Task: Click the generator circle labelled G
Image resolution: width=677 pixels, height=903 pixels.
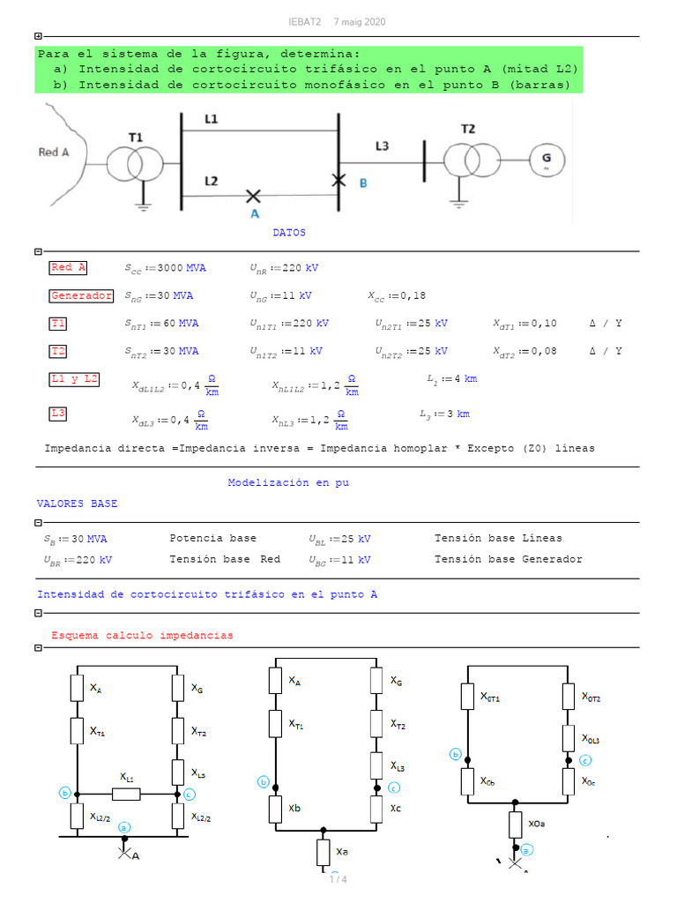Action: click(546, 161)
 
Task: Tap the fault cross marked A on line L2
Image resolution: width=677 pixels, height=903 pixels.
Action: click(253, 195)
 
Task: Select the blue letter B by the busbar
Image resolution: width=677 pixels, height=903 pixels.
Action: click(363, 183)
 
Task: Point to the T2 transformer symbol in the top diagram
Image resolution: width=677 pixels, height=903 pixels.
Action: click(468, 161)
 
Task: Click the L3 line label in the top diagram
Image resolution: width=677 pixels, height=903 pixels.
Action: click(381, 146)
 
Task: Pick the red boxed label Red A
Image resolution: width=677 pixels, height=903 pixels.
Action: click(69, 268)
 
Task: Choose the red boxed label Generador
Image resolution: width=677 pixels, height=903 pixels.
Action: click(81, 296)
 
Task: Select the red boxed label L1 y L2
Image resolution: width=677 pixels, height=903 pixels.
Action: click(74, 380)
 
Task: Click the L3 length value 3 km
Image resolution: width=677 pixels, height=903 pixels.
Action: click(458, 414)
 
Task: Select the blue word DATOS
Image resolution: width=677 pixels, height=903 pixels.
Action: click(289, 233)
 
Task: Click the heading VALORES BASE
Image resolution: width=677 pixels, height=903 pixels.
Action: click(77, 504)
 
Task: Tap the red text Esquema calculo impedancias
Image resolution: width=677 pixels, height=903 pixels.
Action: click(142, 635)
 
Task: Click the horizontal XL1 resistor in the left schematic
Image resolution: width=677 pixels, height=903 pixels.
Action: click(125, 794)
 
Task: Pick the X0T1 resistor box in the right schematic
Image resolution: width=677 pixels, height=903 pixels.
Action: click(468, 696)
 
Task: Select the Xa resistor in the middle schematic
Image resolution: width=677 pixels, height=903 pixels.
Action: click(323, 852)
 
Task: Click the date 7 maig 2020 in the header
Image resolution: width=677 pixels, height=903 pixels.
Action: click(360, 22)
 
